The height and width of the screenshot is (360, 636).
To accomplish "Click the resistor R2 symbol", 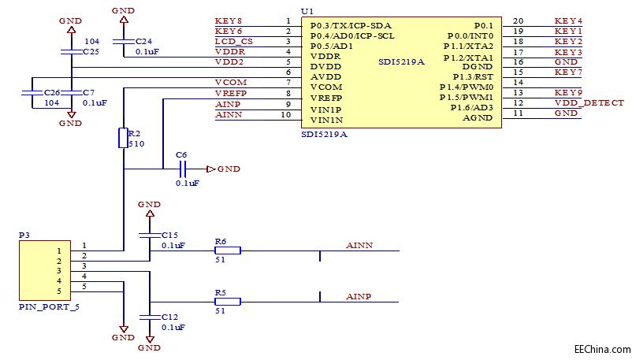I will [x=123, y=138].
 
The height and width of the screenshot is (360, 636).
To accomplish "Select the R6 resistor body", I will [x=229, y=251].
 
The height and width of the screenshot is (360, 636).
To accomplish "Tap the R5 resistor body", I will [x=229, y=301].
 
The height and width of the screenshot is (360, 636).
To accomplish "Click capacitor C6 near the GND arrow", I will [x=182, y=169].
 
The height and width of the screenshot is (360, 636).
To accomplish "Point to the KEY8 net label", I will [x=229, y=20].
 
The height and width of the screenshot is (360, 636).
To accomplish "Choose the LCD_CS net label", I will [x=233, y=41].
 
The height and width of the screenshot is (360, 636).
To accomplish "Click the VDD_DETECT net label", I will [x=589, y=103].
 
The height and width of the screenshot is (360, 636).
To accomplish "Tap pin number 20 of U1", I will [x=518, y=20].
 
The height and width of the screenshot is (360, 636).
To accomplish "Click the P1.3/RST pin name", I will [x=472, y=76].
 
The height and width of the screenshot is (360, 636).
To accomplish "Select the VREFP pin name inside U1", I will [x=325, y=98].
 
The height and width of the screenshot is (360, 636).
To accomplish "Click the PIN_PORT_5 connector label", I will [x=49, y=306].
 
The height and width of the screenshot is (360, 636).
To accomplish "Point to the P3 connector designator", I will [x=24, y=235].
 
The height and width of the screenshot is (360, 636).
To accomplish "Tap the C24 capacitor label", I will [x=144, y=40].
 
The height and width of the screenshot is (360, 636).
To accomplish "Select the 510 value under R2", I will [x=136, y=145].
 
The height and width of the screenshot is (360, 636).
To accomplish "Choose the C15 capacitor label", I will [x=170, y=235].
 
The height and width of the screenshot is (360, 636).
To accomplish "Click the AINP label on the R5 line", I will [x=359, y=297].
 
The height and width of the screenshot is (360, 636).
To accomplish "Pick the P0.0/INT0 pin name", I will [x=470, y=35].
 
